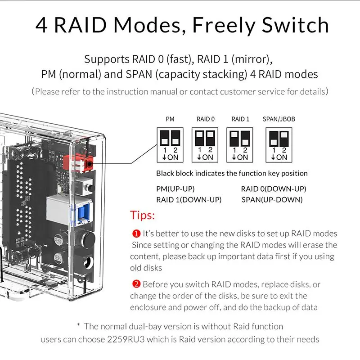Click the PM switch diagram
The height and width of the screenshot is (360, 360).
170,144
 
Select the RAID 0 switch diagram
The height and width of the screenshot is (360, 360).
205,144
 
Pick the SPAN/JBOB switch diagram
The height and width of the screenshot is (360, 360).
279,144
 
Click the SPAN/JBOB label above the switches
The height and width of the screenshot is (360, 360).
279,119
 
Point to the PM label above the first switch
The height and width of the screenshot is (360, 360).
170,119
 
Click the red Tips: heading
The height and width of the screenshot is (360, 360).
142,215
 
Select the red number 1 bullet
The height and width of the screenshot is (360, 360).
136,234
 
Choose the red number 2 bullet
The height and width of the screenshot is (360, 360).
136,284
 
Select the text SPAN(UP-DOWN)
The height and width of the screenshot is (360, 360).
272,199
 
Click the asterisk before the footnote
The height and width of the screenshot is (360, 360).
78,325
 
